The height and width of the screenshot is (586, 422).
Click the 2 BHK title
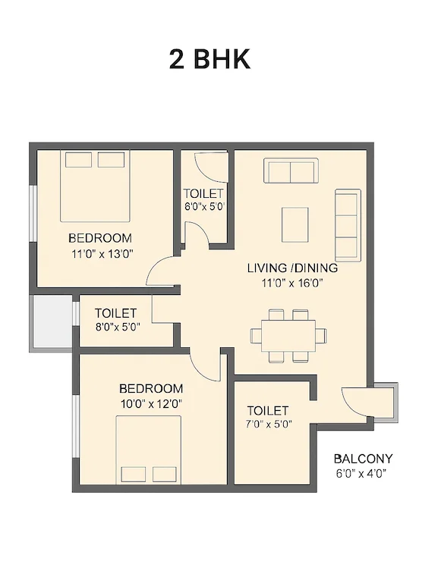click(209, 59)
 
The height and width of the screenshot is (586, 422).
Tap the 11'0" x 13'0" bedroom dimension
click(102, 255)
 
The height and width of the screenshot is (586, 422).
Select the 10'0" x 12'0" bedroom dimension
click(151, 404)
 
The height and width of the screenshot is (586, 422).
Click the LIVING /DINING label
click(292, 268)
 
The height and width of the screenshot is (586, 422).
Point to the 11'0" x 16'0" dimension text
click(292, 283)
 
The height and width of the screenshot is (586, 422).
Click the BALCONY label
click(364, 458)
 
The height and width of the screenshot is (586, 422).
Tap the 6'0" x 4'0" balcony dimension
click(361, 474)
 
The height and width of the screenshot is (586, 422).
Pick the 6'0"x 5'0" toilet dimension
click(204, 207)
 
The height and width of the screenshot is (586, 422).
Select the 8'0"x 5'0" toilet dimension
click(118, 327)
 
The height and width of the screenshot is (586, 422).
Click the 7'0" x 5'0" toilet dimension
click(269, 425)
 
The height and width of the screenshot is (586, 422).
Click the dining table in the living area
click(288, 335)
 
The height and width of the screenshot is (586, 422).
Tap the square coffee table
click(295, 224)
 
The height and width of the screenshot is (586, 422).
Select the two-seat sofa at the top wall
click(291, 171)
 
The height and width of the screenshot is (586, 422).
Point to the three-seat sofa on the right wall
click(348, 225)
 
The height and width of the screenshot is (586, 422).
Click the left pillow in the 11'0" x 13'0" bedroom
click(79, 160)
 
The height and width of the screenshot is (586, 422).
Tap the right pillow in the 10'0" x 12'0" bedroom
click(164, 475)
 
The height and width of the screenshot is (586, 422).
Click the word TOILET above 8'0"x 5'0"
click(115, 313)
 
